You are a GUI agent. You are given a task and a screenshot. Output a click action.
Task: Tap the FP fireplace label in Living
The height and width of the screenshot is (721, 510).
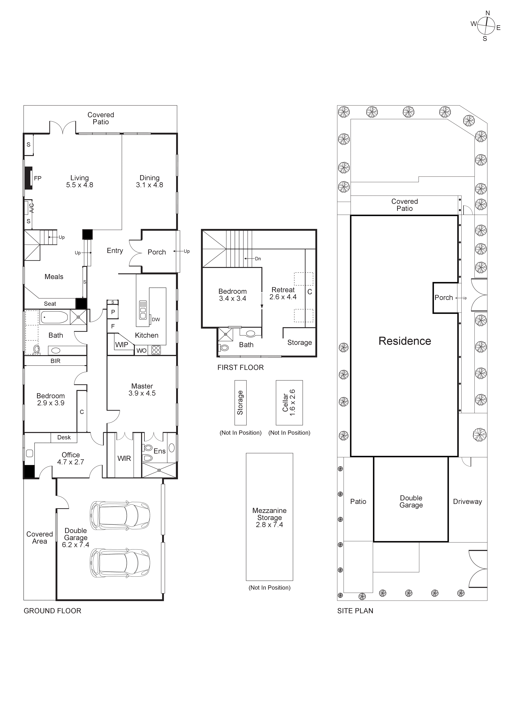[38, 178]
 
